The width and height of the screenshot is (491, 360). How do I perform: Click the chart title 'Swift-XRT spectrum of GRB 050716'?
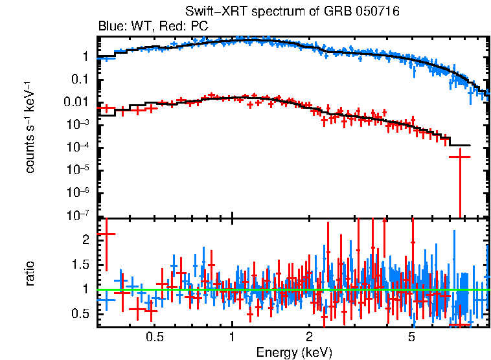click(291, 12)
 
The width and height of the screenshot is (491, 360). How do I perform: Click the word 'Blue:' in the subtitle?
click(111, 27)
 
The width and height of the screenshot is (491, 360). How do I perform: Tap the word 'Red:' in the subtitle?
click(164, 27)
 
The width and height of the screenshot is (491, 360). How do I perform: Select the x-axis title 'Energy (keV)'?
click(294, 352)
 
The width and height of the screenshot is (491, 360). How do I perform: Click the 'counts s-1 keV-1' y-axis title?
click(30, 127)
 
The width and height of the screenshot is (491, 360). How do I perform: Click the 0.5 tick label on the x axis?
click(154, 337)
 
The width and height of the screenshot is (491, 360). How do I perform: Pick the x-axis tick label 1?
click(232, 337)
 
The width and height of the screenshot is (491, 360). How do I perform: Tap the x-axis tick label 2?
click(310, 337)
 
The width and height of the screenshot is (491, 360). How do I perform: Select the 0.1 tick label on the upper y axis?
click(82, 80)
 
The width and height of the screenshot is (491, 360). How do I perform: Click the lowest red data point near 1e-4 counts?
click(460, 157)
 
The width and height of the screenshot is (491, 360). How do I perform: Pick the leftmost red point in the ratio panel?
click(106, 234)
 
